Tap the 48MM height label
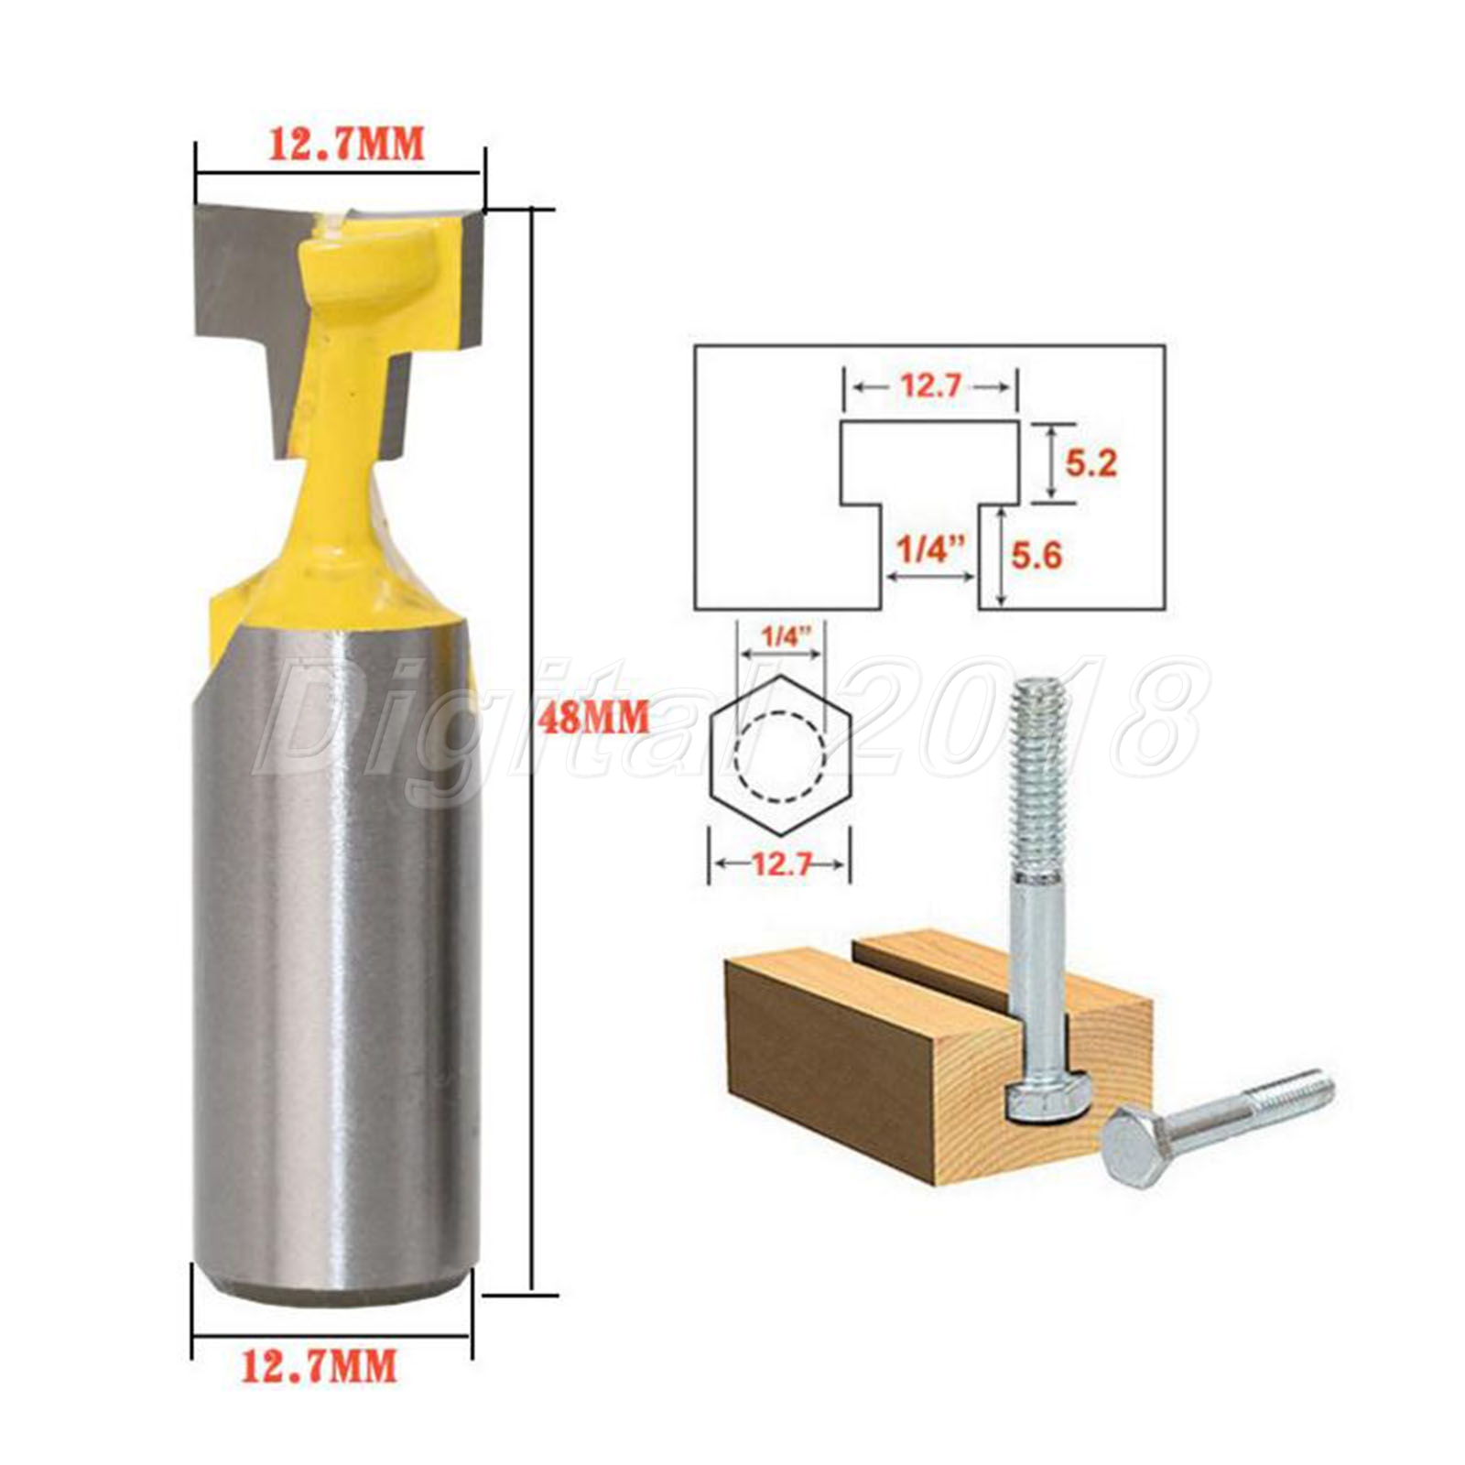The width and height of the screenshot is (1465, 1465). pyautogui.click(x=593, y=715)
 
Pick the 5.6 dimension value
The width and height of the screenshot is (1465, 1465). pyautogui.click(x=1036, y=554)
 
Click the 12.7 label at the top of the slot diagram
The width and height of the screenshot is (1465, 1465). pyautogui.click(x=928, y=386)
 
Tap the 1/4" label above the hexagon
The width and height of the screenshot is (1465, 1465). pyautogui.click(x=781, y=636)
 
